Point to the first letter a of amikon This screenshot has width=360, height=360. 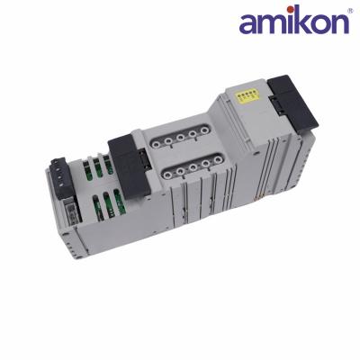tap(247, 24)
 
